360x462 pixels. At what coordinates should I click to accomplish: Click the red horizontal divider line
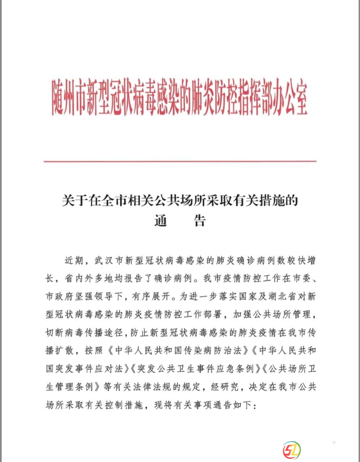pos(180,161)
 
